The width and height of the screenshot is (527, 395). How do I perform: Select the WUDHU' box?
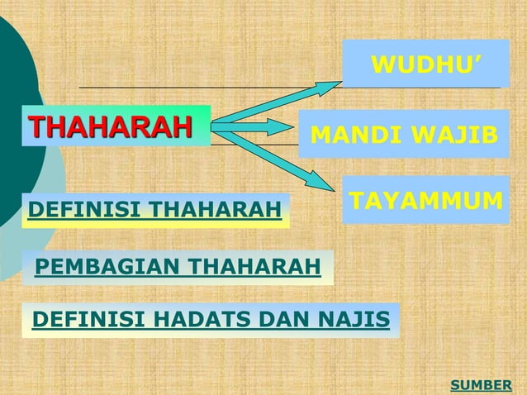(x=425, y=64)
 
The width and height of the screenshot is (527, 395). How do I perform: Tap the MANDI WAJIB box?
(x=403, y=134)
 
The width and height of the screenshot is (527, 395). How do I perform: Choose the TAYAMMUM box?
(x=425, y=200)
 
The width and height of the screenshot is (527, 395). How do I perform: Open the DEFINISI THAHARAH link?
(x=155, y=211)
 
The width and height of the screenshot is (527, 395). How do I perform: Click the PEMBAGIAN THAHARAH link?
(x=178, y=268)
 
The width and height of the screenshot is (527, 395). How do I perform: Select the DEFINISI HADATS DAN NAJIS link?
(x=211, y=320)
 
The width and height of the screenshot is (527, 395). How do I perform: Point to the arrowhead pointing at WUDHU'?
(x=330, y=84)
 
